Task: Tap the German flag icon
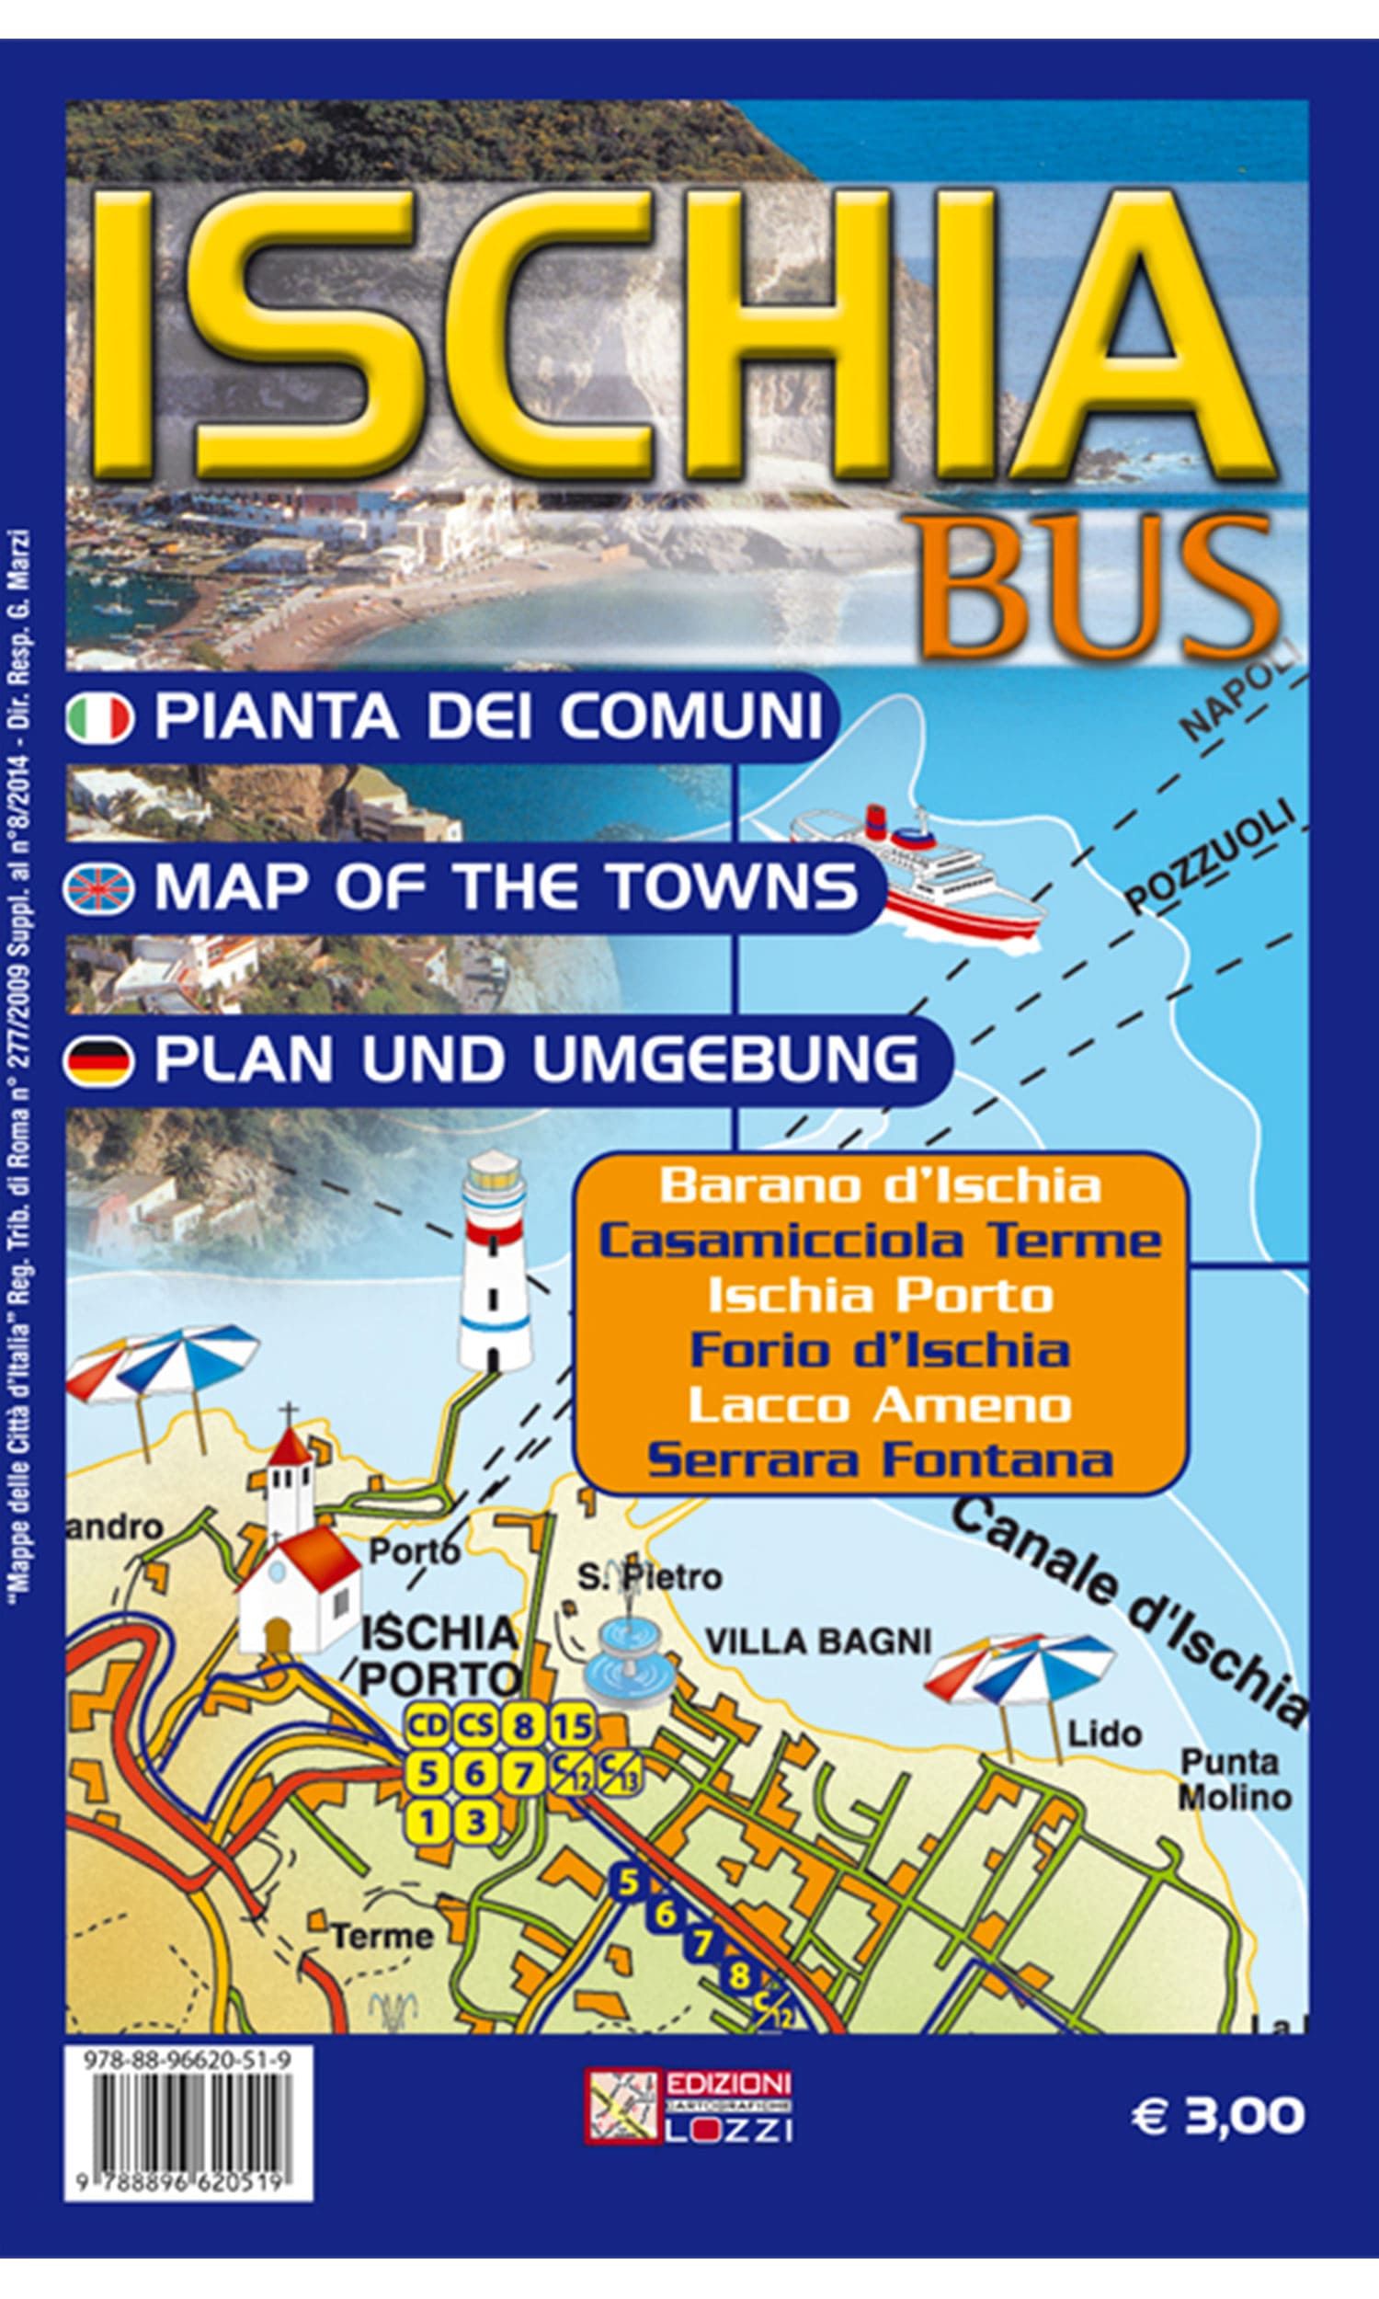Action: pyautogui.click(x=98, y=1062)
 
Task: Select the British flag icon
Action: pyautogui.click(x=98, y=888)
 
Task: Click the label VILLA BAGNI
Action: pyautogui.click(x=817, y=1641)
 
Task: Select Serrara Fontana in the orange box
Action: pyautogui.click(x=879, y=1460)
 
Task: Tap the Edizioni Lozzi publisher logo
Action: pyautogui.click(x=688, y=2113)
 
